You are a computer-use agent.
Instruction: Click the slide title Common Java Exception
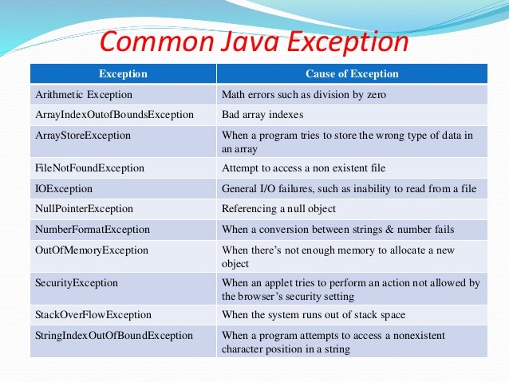(253, 41)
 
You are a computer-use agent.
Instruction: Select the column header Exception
(123, 74)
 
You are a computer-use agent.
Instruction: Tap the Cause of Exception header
(352, 74)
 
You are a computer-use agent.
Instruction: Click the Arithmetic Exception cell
(73, 94)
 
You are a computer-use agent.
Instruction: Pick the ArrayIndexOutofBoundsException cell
(115, 115)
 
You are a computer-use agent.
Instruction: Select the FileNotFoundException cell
(90, 168)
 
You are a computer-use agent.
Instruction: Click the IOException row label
(65, 189)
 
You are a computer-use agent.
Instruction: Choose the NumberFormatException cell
(93, 230)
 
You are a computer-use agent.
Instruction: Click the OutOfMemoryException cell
(93, 250)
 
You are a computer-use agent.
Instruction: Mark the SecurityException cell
(77, 282)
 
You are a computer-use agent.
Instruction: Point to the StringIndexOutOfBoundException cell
(115, 336)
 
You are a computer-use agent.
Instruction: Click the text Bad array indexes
(262, 115)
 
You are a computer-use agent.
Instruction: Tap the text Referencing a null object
(279, 209)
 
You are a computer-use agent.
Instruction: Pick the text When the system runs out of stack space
(314, 315)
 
